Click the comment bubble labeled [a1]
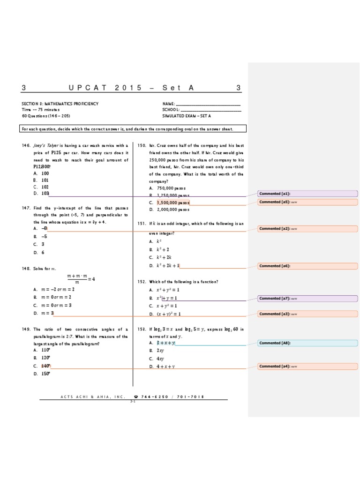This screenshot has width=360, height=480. coord(307,194)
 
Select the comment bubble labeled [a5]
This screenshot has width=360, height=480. coord(307,202)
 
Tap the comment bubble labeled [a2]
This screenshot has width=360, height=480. coord(307,229)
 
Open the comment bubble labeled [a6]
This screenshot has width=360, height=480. coord(307,266)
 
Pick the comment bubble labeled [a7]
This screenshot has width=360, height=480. coord(307,299)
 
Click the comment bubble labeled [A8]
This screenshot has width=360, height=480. coord(307,343)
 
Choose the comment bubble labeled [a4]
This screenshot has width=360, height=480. coord(307,366)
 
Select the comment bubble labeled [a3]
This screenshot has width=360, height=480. coord(307,314)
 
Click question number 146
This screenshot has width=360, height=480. coord(26,146)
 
